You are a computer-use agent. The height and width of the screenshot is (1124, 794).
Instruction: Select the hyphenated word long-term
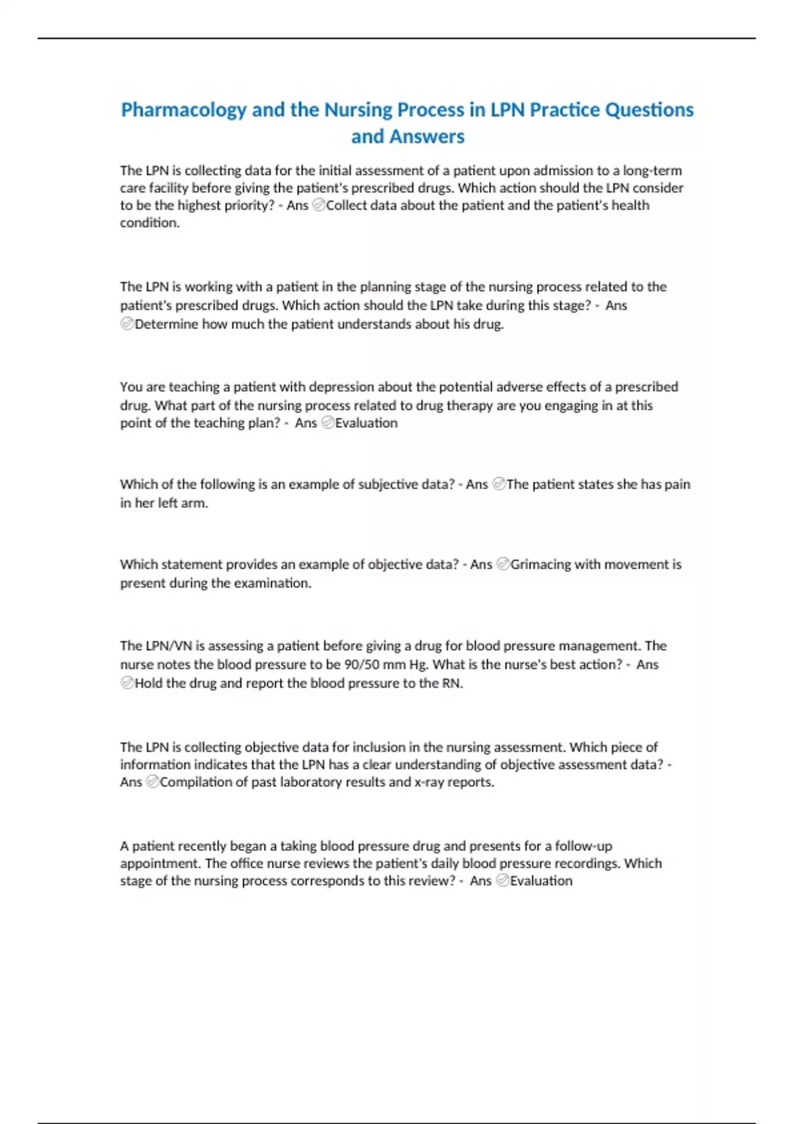click(x=652, y=171)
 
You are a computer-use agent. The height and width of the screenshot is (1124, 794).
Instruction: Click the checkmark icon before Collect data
click(x=318, y=206)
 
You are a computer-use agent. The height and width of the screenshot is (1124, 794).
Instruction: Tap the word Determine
click(x=166, y=324)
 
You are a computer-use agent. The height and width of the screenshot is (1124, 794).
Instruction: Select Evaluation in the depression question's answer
click(x=366, y=423)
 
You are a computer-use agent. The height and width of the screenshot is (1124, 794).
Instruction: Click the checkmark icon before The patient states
click(x=500, y=485)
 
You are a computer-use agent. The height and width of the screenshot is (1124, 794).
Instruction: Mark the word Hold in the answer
click(x=148, y=683)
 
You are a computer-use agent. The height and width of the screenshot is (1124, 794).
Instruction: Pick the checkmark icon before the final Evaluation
click(x=502, y=881)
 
